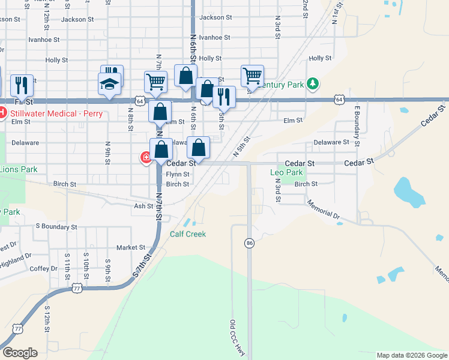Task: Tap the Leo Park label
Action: (287, 173)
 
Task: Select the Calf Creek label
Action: (187, 234)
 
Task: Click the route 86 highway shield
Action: (249, 243)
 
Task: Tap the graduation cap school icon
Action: (110, 85)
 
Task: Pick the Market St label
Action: (131, 247)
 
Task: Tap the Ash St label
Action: (143, 206)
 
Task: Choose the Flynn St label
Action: (178, 175)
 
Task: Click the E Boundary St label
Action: (357, 127)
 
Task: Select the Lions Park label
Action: (19, 170)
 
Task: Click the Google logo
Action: (20, 353)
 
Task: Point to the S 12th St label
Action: (46, 319)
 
